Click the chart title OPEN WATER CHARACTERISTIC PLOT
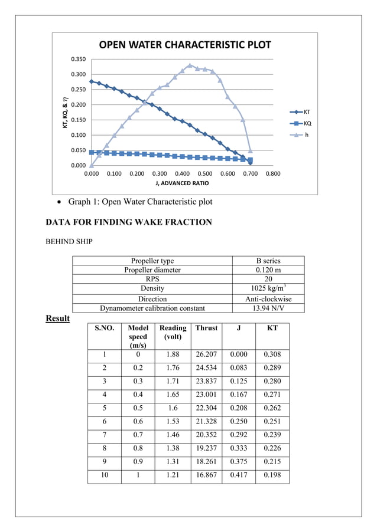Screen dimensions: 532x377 (x=184, y=45)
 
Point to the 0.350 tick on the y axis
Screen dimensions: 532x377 (x=77, y=59)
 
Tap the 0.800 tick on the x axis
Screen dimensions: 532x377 (x=272, y=174)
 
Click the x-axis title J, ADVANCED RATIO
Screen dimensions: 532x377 (x=181, y=183)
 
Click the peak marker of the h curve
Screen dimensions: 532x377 (x=190, y=65)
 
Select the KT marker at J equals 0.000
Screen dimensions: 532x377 (x=91, y=81)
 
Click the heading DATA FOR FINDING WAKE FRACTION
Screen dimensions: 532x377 (x=128, y=222)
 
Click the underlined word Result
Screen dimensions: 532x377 (x=58, y=318)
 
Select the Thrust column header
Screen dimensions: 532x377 (x=206, y=328)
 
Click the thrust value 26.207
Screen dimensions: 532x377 (x=206, y=354)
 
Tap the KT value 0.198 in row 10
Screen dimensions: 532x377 (x=272, y=475)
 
